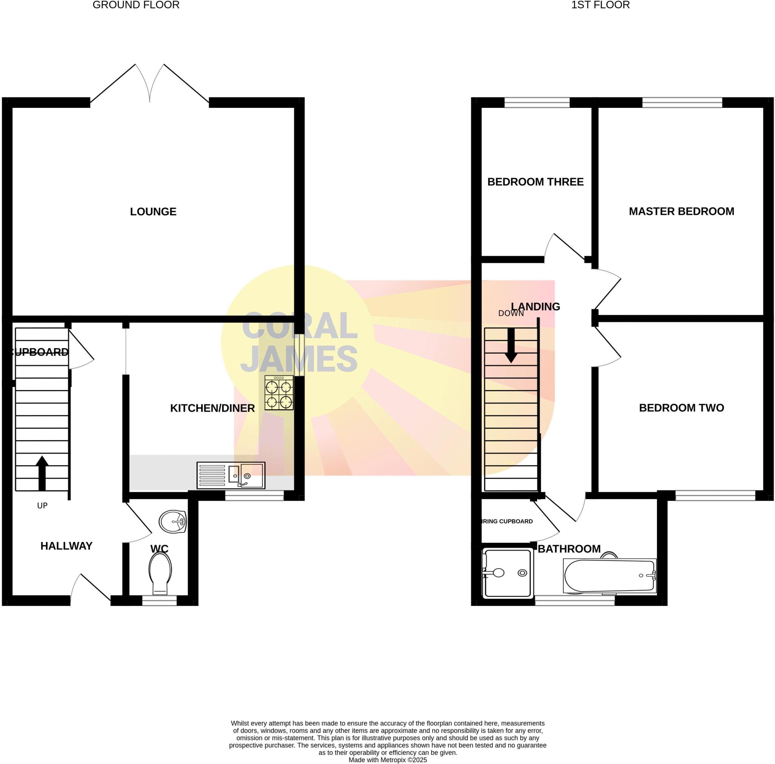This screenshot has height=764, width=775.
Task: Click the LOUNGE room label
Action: pos(153,212)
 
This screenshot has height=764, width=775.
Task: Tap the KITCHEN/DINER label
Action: pos(212,408)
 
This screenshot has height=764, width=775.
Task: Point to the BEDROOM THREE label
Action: pos(535,182)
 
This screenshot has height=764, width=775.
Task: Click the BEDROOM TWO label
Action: pos(681,408)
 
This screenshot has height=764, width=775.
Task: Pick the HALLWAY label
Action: pos(66,545)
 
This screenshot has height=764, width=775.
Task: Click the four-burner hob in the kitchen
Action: pos(279,393)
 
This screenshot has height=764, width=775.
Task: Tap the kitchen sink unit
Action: pos(231,475)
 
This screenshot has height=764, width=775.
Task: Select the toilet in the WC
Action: pos(160,573)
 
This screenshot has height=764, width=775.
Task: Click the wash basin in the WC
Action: pos(173,521)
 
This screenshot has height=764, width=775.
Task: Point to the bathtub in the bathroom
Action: pos(610,576)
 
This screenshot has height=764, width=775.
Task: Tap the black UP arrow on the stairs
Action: pos(42,473)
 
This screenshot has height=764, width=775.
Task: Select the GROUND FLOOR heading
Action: pos(136,5)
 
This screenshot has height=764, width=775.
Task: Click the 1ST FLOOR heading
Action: pos(600,5)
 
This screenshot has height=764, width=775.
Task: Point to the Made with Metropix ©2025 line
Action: pos(387,759)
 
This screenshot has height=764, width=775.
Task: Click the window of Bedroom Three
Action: pos(537,103)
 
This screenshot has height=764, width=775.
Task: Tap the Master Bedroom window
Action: pos(682,103)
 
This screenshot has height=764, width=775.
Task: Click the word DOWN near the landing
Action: pos(510,313)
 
